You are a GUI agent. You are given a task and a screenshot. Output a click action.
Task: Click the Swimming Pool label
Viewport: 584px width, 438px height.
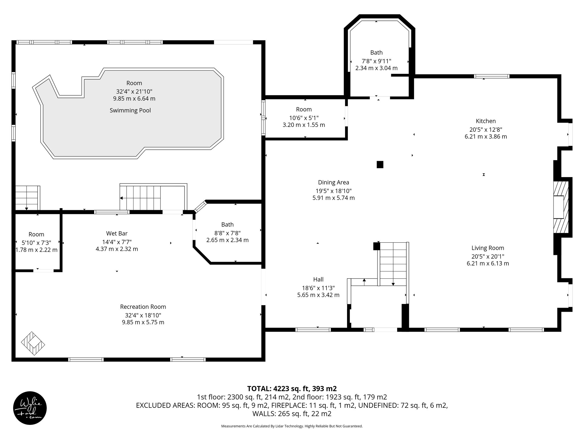pyautogui.click(x=130, y=110)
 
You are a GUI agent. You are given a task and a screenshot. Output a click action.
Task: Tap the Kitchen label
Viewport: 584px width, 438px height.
pyautogui.click(x=486, y=121)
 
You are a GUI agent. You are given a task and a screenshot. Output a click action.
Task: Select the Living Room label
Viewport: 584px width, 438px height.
pyautogui.click(x=488, y=248)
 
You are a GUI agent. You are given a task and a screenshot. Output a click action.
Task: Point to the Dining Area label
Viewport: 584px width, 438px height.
pyautogui.click(x=333, y=182)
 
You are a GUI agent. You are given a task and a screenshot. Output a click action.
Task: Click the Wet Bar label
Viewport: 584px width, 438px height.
pyautogui.click(x=117, y=234)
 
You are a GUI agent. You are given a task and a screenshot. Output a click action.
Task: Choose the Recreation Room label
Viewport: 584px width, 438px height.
pyautogui.click(x=143, y=307)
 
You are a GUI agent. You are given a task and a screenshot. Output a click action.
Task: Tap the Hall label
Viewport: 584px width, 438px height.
pyautogui.click(x=318, y=279)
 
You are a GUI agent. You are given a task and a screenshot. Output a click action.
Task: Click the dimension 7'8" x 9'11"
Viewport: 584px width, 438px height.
pyautogui.click(x=376, y=61)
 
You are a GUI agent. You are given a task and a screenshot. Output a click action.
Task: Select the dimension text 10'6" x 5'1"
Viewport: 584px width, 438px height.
pyautogui.click(x=304, y=118)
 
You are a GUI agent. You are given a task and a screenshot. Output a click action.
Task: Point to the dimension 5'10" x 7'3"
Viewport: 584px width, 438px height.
pyautogui.click(x=36, y=243)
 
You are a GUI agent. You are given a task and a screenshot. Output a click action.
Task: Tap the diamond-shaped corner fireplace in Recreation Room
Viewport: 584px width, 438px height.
pyautogui.click(x=33, y=343)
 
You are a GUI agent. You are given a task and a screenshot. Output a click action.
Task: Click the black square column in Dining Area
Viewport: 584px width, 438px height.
pyautogui.click(x=380, y=165)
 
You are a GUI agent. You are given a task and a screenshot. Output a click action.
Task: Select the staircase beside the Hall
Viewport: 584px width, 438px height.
pyautogui.click(x=393, y=264)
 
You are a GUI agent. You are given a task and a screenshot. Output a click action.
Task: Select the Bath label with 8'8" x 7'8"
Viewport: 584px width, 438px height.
pyautogui.click(x=227, y=224)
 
